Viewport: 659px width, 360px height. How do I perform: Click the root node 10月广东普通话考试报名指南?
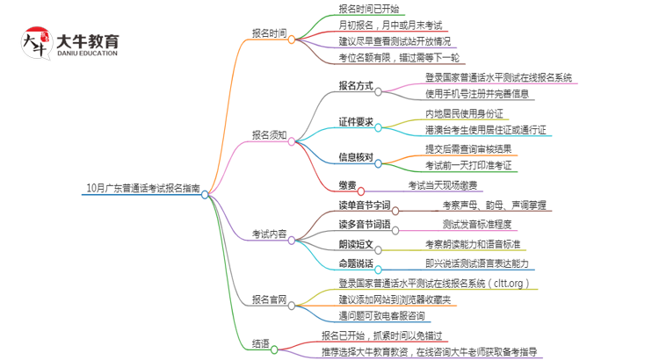click(x=143, y=187)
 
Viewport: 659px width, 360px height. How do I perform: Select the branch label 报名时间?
click(x=269, y=33)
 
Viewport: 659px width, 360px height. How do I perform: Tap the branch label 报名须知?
click(x=269, y=135)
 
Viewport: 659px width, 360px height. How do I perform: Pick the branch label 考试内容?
click(x=269, y=234)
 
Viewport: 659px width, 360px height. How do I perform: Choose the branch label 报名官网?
click(x=269, y=299)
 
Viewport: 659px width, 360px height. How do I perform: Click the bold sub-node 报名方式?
click(x=356, y=86)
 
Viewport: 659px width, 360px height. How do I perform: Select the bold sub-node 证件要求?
click(x=356, y=122)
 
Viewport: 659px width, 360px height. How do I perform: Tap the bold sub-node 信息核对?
click(x=356, y=158)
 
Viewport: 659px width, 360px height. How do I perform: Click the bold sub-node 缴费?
click(x=348, y=184)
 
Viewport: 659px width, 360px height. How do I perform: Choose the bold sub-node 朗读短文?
click(x=356, y=243)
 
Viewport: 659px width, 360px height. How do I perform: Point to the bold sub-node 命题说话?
click(x=356, y=263)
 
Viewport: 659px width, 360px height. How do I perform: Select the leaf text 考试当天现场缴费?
click(x=442, y=184)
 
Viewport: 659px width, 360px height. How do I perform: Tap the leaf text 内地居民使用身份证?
click(x=464, y=114)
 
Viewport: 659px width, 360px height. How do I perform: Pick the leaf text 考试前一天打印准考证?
click(x=468, y=165)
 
